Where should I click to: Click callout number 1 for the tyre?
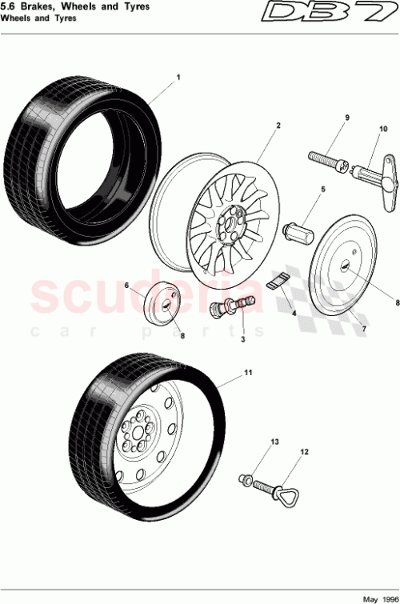(178, 78)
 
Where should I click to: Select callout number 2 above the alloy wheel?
(278, 126)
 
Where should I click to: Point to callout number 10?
(382, 129)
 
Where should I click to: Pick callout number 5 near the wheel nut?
(324, 190)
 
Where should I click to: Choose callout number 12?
(304, 452)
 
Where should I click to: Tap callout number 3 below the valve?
(242, 339)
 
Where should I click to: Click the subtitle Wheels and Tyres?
(38, 18)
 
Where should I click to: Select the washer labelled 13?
(245, 479)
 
